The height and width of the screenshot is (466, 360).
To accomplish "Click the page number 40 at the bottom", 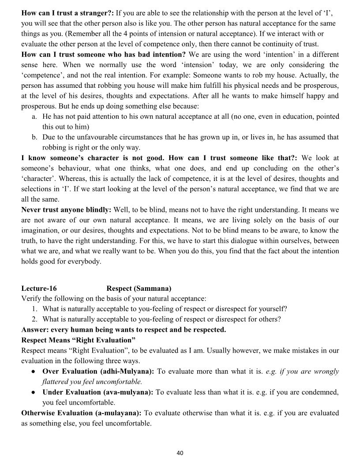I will (x=180, y=453).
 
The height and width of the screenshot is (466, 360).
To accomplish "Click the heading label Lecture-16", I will (x=39, y=289).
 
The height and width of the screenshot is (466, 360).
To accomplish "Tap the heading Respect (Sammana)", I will (x=139, y=289).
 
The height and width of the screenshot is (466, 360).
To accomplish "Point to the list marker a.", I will (x=34, y=116).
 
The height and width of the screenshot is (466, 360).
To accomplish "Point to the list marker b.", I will (x=34, y=137).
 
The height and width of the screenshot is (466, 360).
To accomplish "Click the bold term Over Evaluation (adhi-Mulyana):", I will (x=98, y=371).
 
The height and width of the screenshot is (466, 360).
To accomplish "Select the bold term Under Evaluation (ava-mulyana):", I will (x=98, y=392).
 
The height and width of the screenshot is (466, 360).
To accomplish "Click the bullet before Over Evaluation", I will (x=33, y=372).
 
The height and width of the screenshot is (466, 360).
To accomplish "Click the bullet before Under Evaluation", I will (x=33, y=392).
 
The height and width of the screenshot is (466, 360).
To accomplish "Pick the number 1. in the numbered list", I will (x=34, y=309).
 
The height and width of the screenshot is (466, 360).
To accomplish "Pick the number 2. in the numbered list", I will (x=34, y=319).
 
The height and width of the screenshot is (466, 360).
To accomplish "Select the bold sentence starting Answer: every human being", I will (x=124, y=330).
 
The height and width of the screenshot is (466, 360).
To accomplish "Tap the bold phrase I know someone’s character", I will (x=88, y=158).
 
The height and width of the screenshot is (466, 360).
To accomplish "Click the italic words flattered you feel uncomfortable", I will (x=92, y=381).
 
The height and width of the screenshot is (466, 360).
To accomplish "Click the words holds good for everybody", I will (x=61, y=261).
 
